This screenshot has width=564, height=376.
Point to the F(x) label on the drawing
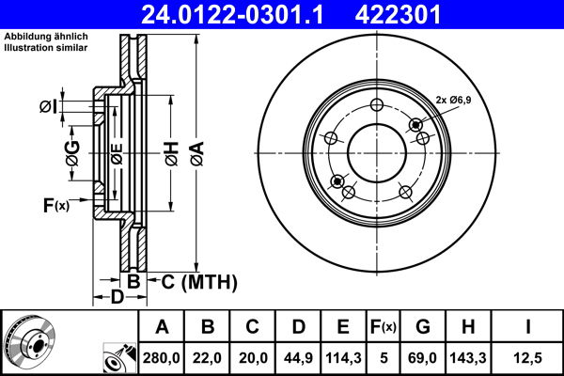click(55, 204)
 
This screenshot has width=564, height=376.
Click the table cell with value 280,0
click(162, 358)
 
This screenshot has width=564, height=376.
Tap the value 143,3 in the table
click(466, 358)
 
